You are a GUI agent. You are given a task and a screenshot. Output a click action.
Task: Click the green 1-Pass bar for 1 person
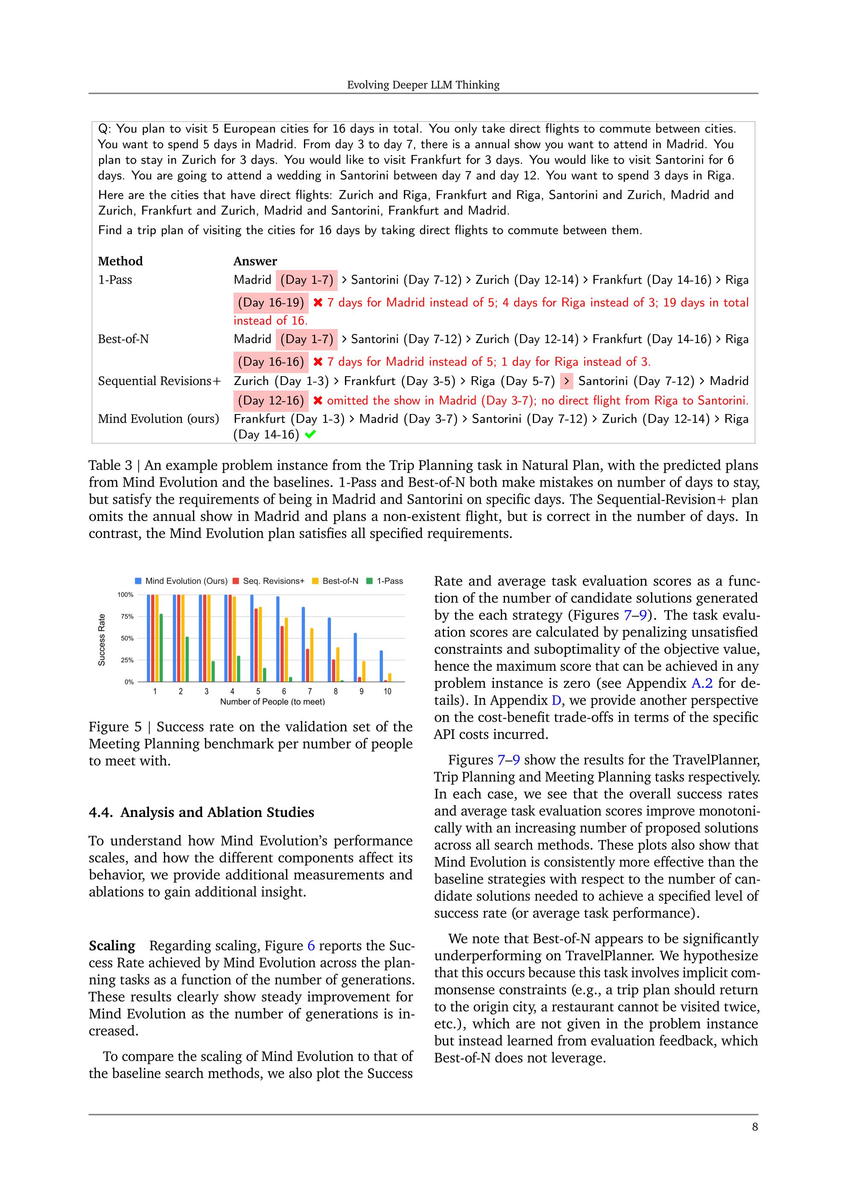[161, 647]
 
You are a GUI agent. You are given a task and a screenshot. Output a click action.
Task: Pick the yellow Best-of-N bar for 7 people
[312, 655]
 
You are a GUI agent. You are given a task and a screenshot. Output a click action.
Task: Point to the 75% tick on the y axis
[127, 616]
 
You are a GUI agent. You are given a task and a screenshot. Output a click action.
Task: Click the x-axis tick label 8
[336, 691]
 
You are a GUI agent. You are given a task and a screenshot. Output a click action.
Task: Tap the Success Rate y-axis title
[102, 639]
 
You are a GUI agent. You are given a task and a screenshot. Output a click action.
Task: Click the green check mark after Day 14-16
[310, 435]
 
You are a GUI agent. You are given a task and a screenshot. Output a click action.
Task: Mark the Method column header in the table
[120, 261]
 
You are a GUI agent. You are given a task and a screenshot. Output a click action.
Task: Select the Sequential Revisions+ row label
[159, 381]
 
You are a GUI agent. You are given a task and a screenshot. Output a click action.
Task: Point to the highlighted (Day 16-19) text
[271, 303]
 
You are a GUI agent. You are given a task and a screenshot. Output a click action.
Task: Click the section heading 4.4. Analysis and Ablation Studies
[202, 812]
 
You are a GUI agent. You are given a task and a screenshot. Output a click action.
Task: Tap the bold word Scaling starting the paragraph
[112, 946]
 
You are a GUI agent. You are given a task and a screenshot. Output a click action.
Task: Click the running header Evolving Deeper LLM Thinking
[423, 85]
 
